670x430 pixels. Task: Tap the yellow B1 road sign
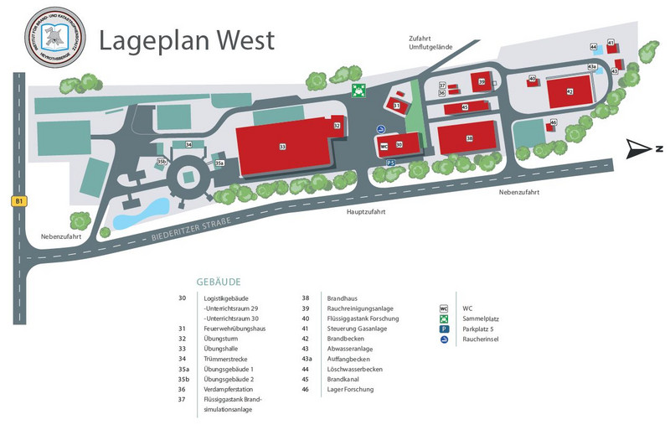[x=18, y=201]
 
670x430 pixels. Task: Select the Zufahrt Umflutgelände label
[x=431, y=43]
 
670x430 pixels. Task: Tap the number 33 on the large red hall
[x=282, y=147]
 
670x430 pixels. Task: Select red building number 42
[x=569, y=91]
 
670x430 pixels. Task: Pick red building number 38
[x=470, y=138]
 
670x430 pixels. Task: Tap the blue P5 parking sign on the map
[x=390, y=163]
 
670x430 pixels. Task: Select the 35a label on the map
[x=219, y=163]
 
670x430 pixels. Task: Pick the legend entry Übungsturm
[x=222, y=338]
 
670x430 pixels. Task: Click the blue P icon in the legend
[x=444, y=329]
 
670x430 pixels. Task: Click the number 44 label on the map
[x=593, y=47]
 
